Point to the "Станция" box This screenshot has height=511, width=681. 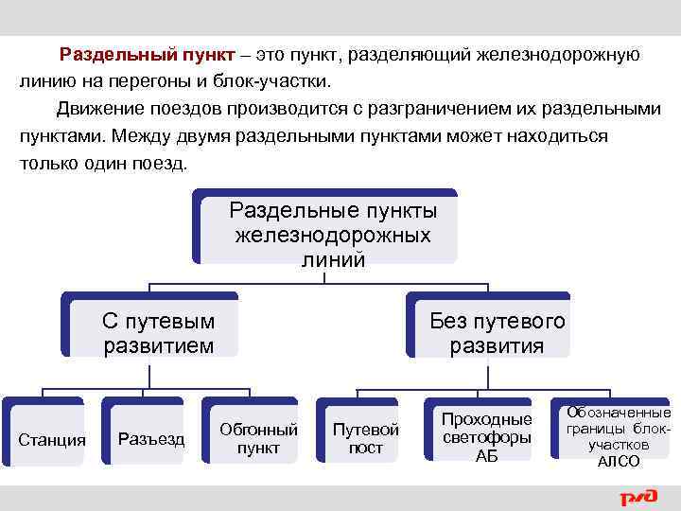[52, 439]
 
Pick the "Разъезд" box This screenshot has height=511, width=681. [151, 439]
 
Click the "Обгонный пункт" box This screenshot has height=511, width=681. [257, 438]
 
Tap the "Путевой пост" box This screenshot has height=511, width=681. [366, 438]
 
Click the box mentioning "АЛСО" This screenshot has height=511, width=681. [619, 436]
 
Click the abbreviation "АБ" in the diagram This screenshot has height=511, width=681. [486, 456]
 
